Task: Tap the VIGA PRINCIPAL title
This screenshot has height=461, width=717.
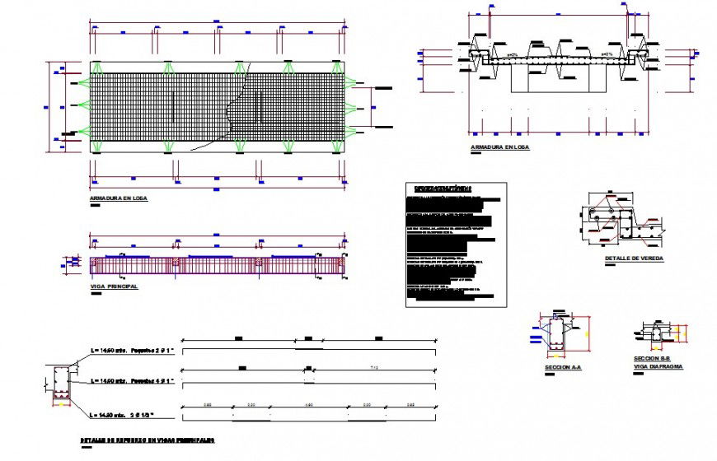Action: pyautogui.click(x=113, y=286)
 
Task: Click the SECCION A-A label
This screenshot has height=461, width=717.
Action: pyautogui.click(x=563, y=366)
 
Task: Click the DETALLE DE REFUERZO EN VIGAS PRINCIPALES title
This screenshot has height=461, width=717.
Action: pyautogui.click(x=148, y=441)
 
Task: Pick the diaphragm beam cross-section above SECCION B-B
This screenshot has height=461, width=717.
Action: pyautogui.click(x=658, y=333)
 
